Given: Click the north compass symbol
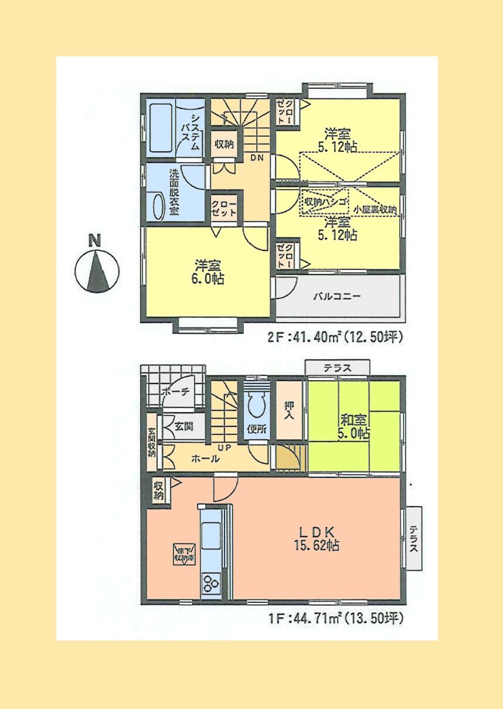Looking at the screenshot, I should point(97,270).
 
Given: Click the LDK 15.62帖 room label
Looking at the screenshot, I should point(317,538).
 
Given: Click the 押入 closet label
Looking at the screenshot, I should point(289,410).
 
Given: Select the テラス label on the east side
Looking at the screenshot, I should point(413,538).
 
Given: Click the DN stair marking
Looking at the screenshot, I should point(256,158).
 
